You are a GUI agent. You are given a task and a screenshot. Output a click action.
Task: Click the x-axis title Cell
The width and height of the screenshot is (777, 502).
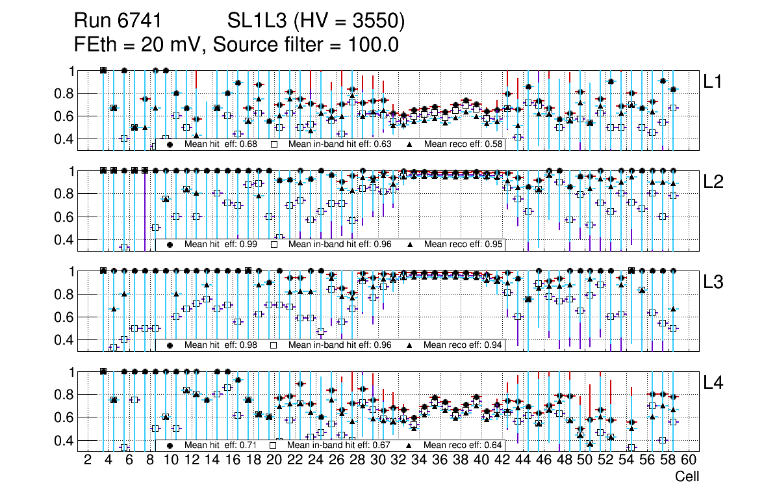687,477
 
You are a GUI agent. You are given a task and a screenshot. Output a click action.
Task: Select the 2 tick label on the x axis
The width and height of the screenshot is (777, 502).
88,460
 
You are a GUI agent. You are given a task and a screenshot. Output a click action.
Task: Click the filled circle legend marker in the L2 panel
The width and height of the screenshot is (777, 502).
170,244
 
